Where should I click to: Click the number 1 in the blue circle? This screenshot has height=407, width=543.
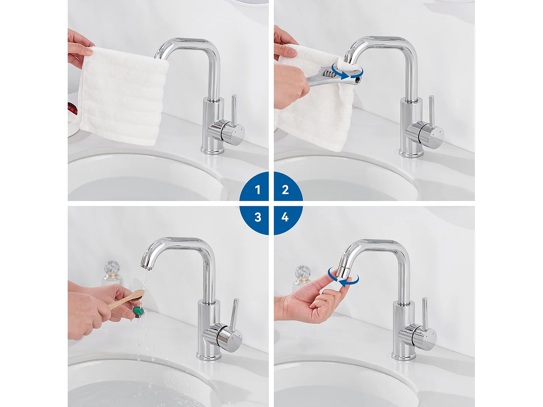pyautogui.click(x=258, y=190)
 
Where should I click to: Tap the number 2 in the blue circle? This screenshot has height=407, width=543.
pyautogui.click(x=285, y=190)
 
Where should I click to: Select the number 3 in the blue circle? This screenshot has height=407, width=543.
pyautogui.click(x=258, y=217)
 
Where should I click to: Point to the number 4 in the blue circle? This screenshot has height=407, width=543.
pyautogui.click(x=285, y=217)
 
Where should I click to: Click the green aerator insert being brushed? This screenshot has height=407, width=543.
pyautogui.click(x=138, y=311)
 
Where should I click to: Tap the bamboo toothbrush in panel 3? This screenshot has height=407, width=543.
pyautogui.click(x=127, y=299)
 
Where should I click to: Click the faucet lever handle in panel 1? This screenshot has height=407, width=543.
pyautogui.click(x=233, y=112)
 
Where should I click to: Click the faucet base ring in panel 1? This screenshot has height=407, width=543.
pyautogui.click(x=212, y=151)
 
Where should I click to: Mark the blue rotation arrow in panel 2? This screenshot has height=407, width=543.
pyautogui.click(x=348, y=72)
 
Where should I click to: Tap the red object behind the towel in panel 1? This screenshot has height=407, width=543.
pyautogui.click(x=72, y=108)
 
